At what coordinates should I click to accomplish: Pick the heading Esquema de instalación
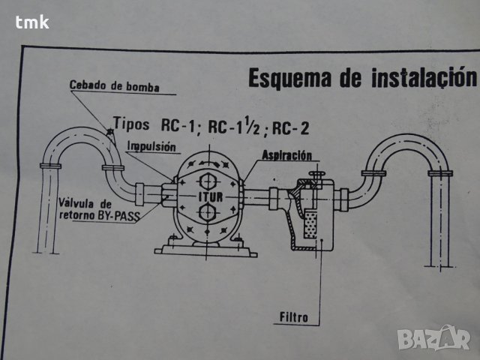pyautogui.click(x=362, y=79)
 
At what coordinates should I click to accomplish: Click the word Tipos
pyautogui.click(x=133, y=124)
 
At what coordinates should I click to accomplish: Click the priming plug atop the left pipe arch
pyautogui.click(x=109, y=133)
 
